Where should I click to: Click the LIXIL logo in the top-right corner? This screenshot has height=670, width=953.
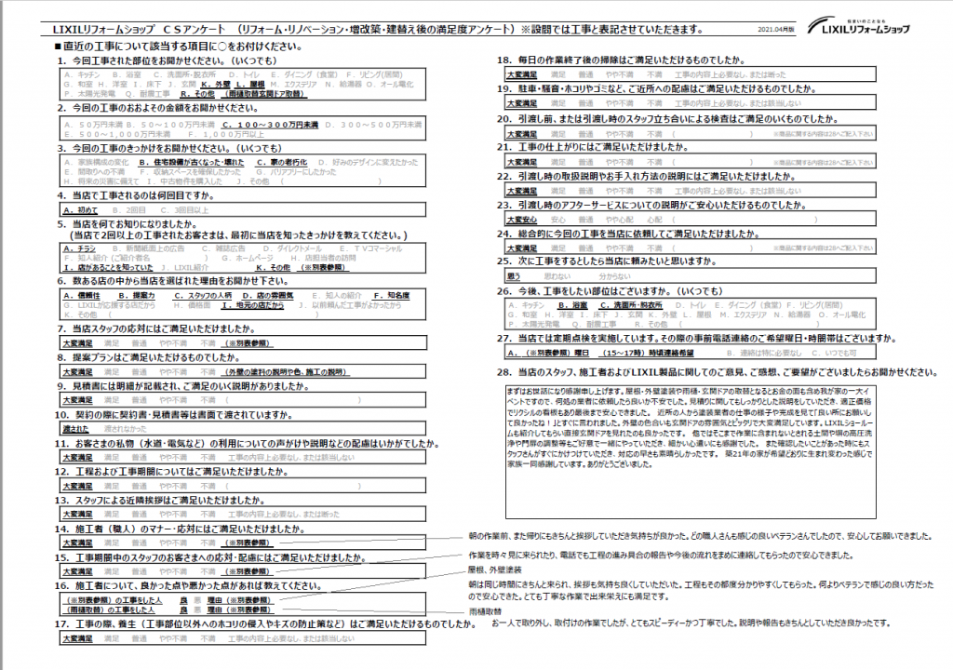pos(857,24)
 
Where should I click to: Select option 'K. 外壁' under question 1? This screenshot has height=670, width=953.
pos(216,84)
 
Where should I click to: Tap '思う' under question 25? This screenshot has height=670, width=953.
pos(513,277)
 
